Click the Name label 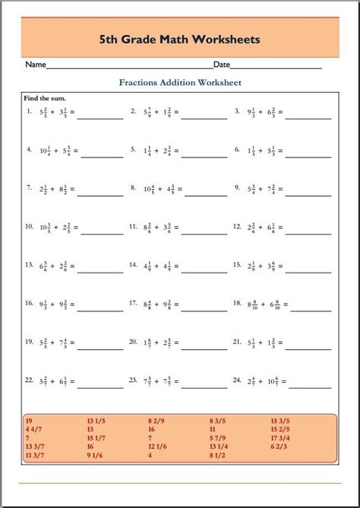click(36, 65)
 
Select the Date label click(222, 65)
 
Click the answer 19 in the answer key click(29, 420)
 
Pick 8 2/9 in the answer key click(157, 420)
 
